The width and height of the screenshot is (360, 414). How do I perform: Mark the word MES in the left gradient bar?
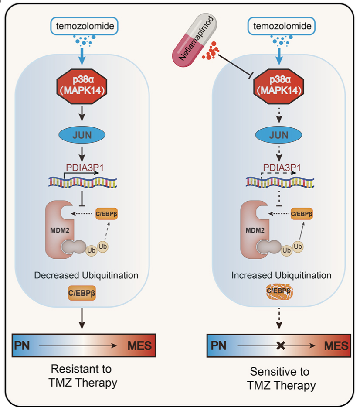139,346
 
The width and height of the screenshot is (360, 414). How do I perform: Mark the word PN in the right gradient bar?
220,346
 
